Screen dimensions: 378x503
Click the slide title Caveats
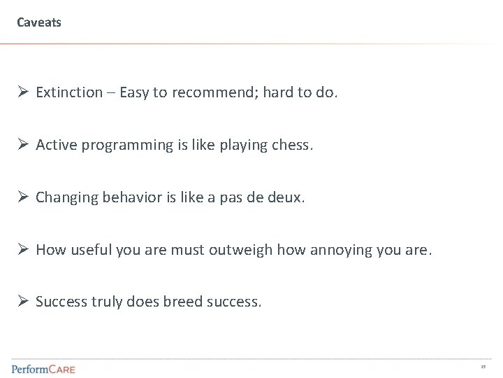click(39, 23)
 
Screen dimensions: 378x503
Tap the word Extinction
click(68, 93)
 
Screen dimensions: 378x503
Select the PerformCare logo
click(43, 368)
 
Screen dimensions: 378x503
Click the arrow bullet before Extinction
click(22, 93)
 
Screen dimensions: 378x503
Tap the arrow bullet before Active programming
click(22, 145)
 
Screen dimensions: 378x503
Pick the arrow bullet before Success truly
click(22, 302)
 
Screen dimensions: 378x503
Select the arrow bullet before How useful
click(22, 250)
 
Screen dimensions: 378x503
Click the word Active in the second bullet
click(54, 145)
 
